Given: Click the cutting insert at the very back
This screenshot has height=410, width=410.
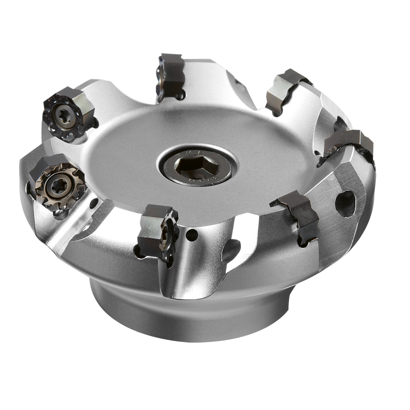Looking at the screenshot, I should (171, 76).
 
